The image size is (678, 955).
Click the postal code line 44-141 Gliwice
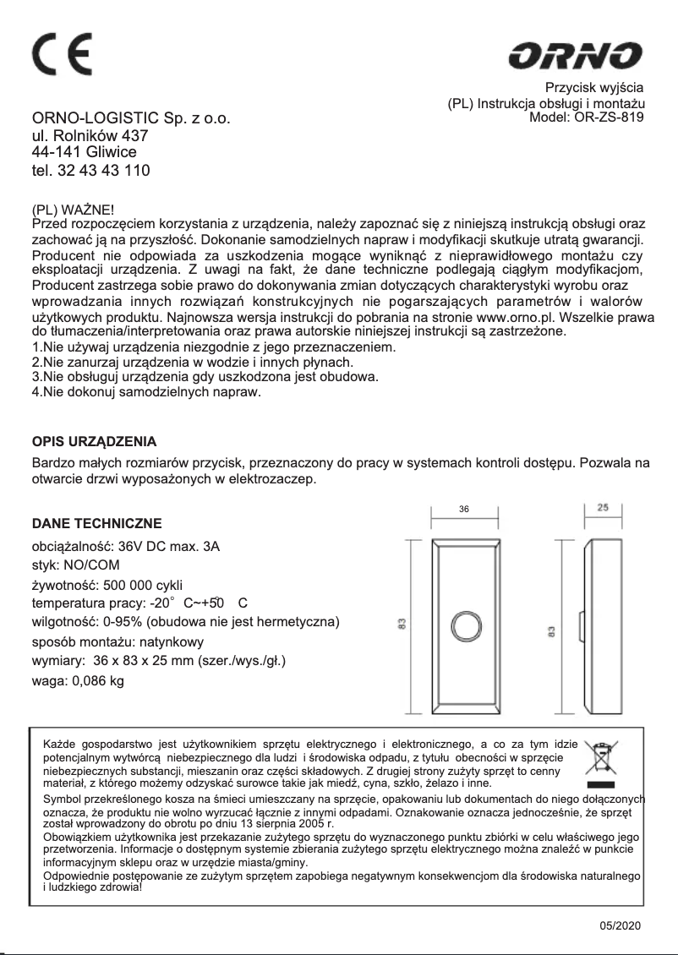tap(84, 152)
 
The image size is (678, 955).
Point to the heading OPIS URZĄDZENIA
tap(94, 441)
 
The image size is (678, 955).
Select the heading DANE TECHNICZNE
tap(96, 524)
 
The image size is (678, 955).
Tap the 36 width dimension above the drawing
tap(463, 510)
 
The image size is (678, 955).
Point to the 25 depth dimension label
tap(603, 508)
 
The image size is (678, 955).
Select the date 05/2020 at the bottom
tap(621, 925)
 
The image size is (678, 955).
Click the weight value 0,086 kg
tap(96, 680)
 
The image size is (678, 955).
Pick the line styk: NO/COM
tap(75, 565)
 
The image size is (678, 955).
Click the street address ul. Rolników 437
tap(90, 135)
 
